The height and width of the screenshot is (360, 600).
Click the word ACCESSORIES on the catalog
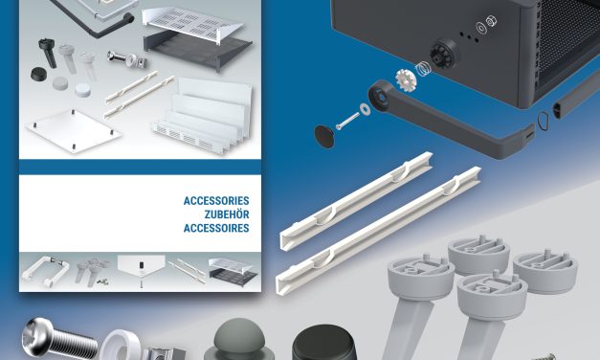click(x=216, y=202)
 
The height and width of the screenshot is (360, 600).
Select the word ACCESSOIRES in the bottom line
click(x=216, y=229)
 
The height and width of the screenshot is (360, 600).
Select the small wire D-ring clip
click(x=544, y=121)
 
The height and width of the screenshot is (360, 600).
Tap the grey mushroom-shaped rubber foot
click(x=233, y=341)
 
